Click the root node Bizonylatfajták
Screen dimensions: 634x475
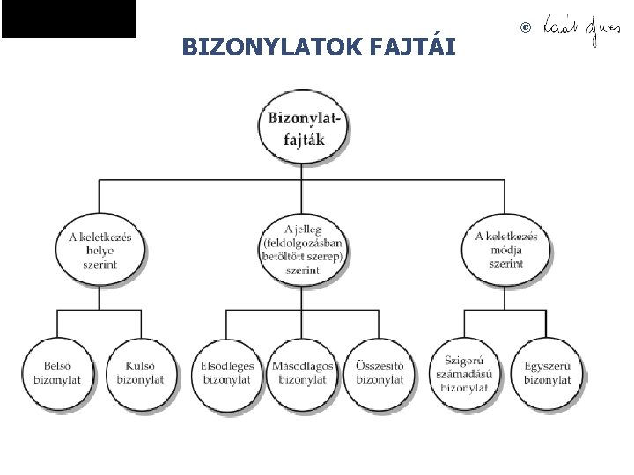coord(302,128)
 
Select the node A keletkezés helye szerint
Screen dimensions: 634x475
coord(100,249)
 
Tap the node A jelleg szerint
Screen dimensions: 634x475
coord(302,249)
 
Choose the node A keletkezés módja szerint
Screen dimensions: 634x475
coord(506,249)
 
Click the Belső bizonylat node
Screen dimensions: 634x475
coord(57,372)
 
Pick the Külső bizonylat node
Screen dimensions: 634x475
coord(140,372)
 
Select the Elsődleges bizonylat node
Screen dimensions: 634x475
coord(226,372)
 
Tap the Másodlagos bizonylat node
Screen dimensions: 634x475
coord(302,372)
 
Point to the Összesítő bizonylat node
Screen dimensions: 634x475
coord(380,372)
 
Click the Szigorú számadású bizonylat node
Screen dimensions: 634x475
coord(464,372)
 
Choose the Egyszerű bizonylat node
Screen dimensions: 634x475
coord(547,372)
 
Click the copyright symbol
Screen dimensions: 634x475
coord(527,28)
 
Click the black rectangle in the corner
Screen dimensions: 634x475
coord(69,18)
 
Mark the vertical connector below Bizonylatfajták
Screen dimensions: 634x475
coord(302,169)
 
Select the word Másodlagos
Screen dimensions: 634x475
coord(302,366)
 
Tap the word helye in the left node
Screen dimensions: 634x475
coord(100,250)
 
